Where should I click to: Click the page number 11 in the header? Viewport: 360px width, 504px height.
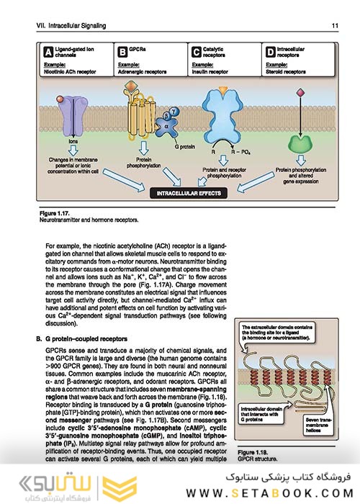(x=335, y=26)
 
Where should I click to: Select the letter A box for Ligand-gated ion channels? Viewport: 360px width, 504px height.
(x=48, y=51)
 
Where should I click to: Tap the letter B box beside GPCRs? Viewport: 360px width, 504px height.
(x=122, y=51)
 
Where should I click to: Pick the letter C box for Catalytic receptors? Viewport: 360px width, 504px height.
(x=196, y=51)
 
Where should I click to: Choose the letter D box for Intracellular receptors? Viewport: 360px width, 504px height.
(x=270, y=51)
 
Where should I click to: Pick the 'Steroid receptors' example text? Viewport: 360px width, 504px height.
(x=286, y=72)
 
